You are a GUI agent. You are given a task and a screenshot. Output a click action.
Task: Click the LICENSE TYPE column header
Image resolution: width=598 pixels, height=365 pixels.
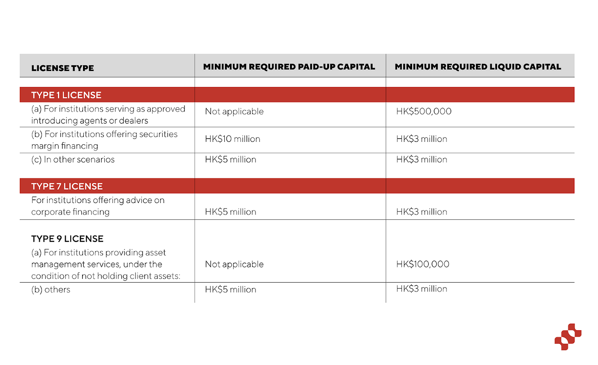coord(62,68)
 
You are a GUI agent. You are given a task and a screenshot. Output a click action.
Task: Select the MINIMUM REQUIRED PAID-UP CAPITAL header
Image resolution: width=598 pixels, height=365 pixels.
coord(289,67)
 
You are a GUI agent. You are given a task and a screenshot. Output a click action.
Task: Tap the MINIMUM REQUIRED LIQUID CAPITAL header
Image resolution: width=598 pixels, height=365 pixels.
coord(478,67)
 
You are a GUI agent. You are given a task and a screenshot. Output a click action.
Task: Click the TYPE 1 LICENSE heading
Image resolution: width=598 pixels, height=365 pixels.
coord(66,95)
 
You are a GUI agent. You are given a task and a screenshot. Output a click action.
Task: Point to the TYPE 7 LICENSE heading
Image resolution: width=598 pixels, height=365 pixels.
coord(67,186)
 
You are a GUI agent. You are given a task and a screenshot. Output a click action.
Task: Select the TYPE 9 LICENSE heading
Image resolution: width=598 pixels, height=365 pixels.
coord(67,239)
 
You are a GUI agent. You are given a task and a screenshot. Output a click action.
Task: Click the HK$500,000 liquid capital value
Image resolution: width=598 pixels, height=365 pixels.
coord(424,111)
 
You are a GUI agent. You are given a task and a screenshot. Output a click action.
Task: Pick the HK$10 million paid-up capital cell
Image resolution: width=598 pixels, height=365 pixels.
coord(232,139)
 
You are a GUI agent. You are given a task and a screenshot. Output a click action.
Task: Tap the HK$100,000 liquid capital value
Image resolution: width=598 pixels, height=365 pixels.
coord(423,264)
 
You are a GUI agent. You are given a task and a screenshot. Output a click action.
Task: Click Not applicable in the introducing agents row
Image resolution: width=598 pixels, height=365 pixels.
coord(234,112)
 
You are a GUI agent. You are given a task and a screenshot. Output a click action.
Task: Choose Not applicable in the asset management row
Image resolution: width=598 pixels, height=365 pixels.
coord(234,265)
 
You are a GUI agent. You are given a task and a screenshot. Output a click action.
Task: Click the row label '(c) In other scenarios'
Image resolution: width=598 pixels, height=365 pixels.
coord(73,160)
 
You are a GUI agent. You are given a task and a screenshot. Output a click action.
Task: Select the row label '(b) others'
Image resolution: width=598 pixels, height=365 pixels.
coord(51,290)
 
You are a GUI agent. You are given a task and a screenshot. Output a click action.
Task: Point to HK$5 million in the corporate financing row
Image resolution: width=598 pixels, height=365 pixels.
coord(230,212)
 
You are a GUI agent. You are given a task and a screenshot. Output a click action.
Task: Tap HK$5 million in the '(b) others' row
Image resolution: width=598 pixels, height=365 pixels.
coord(230,290)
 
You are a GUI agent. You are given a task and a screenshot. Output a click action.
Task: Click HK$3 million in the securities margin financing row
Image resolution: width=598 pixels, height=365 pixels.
coord(421,139)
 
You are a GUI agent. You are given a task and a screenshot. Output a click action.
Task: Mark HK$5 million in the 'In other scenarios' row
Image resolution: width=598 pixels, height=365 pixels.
coord(230,160)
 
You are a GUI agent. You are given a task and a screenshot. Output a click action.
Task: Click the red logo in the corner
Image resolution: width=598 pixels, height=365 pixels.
coord(568,337)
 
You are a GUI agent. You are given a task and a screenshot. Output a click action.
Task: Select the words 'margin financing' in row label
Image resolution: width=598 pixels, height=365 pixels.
coord(65,146)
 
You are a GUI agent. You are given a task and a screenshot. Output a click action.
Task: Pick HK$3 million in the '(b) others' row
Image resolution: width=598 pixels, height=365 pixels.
coord(421,289)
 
